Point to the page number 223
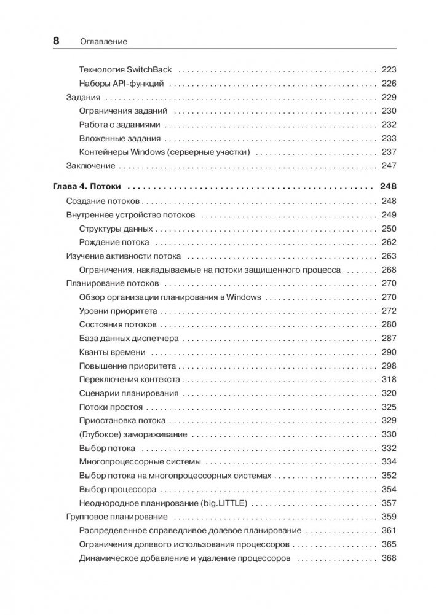coord(389,69)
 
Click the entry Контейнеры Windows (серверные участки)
coord(164,152)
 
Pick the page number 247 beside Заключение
coord(389,166)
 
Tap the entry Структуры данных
coord(116,229)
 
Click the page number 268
coord(389,270)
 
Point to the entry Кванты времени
coord(113,352)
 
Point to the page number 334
coord(389,461)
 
